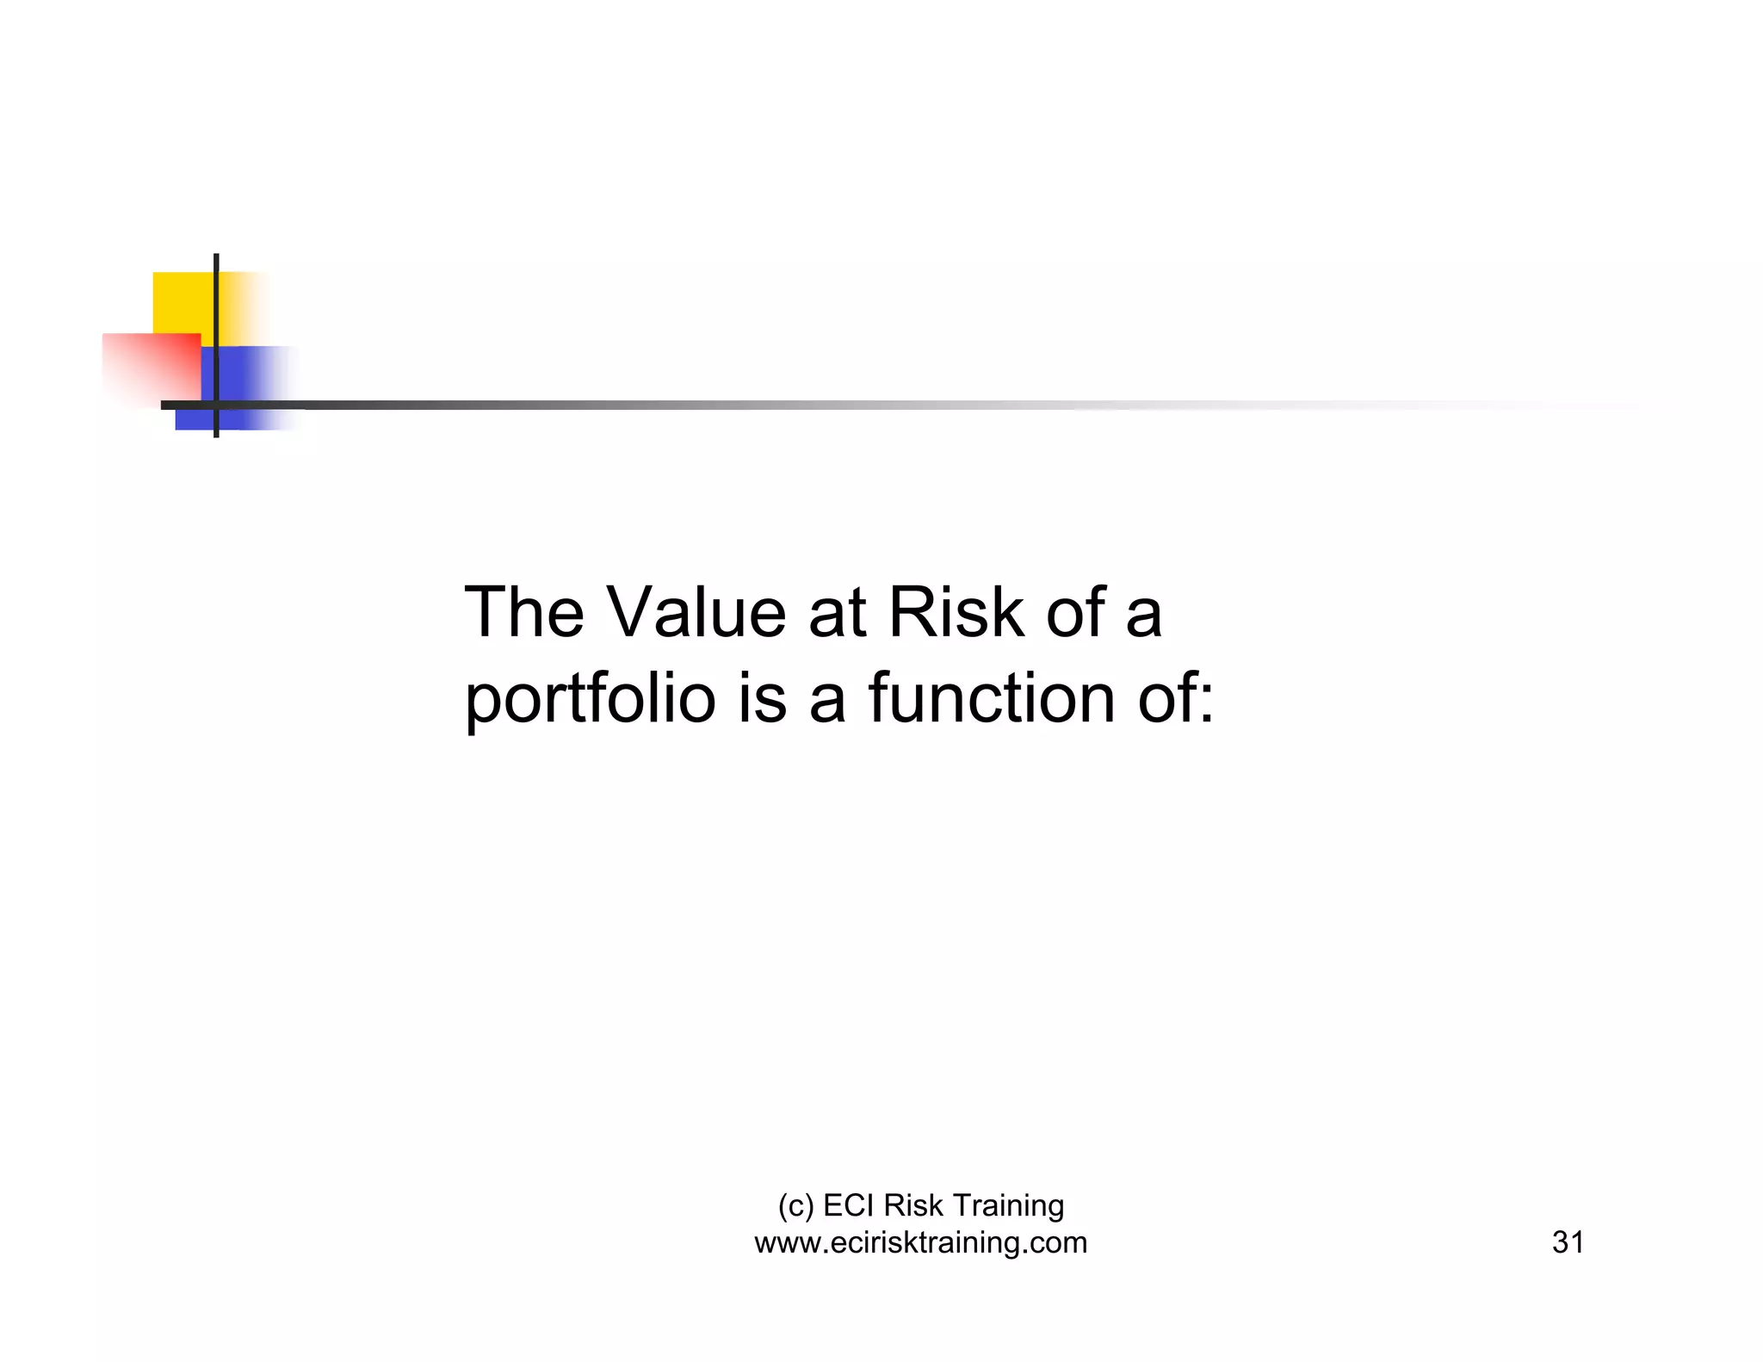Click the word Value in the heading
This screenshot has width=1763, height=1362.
click(696, 612)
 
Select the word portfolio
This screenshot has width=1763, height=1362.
click(590, 698)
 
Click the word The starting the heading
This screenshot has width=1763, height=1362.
click(523, 612)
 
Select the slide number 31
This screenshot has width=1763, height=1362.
click(1568, 1242)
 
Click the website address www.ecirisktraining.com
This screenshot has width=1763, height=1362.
click(920, 1242)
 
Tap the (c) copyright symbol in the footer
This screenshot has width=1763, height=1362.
click(795, 1206)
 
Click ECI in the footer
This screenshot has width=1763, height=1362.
click(849, 1205)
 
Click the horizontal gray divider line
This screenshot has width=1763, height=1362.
click(689, 405)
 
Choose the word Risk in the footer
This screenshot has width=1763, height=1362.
click(913, 1205)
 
